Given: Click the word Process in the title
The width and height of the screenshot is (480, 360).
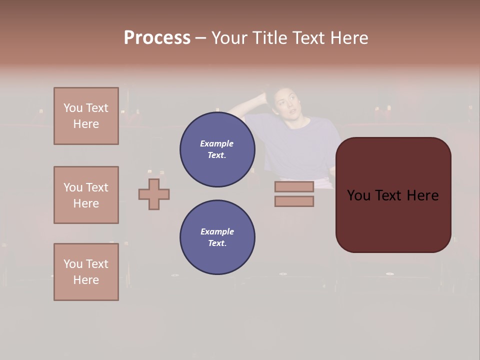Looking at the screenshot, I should point(157,38).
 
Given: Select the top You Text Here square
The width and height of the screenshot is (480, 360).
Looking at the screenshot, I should point(86,116).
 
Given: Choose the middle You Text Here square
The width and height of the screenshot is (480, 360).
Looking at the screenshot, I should point(86,195).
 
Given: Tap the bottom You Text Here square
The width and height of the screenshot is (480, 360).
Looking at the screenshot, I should point(86,272).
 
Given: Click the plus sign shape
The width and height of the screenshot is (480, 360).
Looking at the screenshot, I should point(154,194).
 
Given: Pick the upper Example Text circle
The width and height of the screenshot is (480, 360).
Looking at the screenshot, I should point(217,149).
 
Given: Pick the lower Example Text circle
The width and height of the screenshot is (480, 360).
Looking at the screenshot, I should point(217,237).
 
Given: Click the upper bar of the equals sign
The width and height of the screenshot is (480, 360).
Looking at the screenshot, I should point(294,186).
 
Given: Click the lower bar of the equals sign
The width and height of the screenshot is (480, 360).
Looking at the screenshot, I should point(294,201).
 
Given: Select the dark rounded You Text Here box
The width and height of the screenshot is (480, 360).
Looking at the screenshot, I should point(393,195).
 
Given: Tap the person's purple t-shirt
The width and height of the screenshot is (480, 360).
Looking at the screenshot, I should point(295,145).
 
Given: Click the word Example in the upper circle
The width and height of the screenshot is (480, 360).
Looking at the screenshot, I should point(217,143).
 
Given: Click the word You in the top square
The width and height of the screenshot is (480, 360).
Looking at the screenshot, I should point(72,108).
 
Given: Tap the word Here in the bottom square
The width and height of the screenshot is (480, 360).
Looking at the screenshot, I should point(86,280).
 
